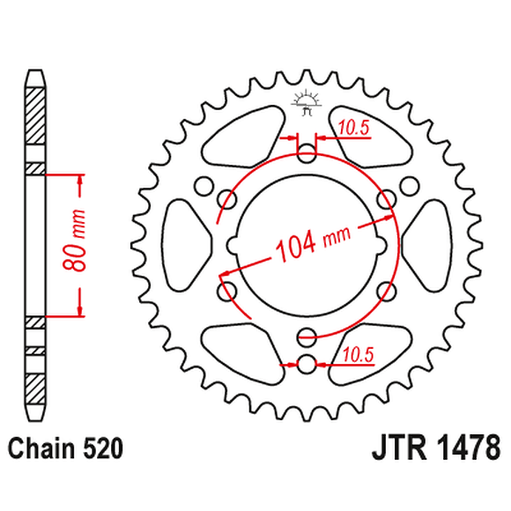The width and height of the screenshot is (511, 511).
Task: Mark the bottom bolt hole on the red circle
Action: tap(306, 335)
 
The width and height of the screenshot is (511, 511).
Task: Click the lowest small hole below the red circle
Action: tap(306, 363)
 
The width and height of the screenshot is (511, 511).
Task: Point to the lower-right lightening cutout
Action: tap(374, 352)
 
